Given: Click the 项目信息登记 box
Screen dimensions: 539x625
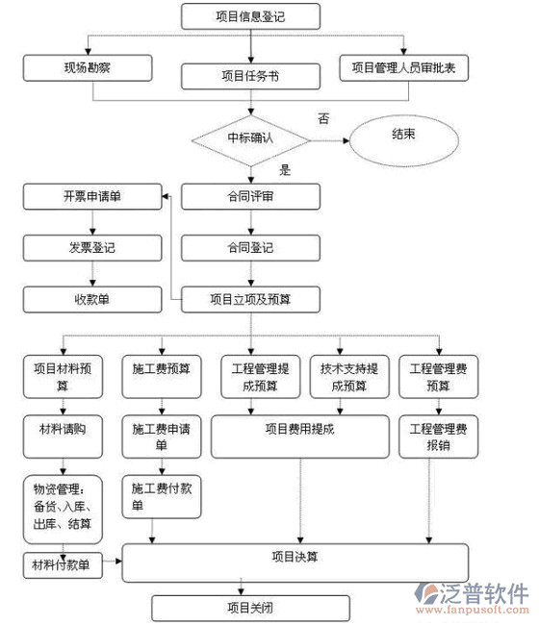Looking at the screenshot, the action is point(250,16).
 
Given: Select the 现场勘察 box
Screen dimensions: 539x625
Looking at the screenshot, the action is point(88,68).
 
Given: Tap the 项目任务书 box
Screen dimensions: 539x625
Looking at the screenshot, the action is point(250,76).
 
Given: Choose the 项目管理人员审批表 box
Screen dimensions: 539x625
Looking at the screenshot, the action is point(403,68).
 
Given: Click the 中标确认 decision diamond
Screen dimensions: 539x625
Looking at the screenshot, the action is point(251,140).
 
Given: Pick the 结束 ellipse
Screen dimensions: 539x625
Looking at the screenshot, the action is point(403,140).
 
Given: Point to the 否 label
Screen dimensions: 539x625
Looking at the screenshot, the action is point(323,119).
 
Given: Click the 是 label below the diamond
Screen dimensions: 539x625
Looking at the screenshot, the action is point(285,170).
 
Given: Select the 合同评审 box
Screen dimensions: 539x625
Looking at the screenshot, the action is point(250,196).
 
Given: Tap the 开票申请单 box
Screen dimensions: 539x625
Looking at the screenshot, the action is point(92,196).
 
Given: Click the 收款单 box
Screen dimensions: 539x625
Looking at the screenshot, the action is point(92,299).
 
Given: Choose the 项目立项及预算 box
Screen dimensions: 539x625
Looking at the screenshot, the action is point(250,299).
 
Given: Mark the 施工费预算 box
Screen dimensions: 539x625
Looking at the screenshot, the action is point(162,377).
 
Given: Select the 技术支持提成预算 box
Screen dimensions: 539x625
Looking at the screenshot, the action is point(349,377).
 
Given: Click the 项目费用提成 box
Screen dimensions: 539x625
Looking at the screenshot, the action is point(300,437).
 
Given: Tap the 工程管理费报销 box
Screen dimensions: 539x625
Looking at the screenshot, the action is point(439,437).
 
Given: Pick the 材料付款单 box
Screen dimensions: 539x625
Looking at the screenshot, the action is point(63,565).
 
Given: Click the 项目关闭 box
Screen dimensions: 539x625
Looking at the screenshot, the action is point(250,609).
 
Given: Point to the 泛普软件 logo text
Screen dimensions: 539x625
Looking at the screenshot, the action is point(484,593).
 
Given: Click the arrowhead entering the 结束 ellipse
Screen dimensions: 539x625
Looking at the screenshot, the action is point(346,140).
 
